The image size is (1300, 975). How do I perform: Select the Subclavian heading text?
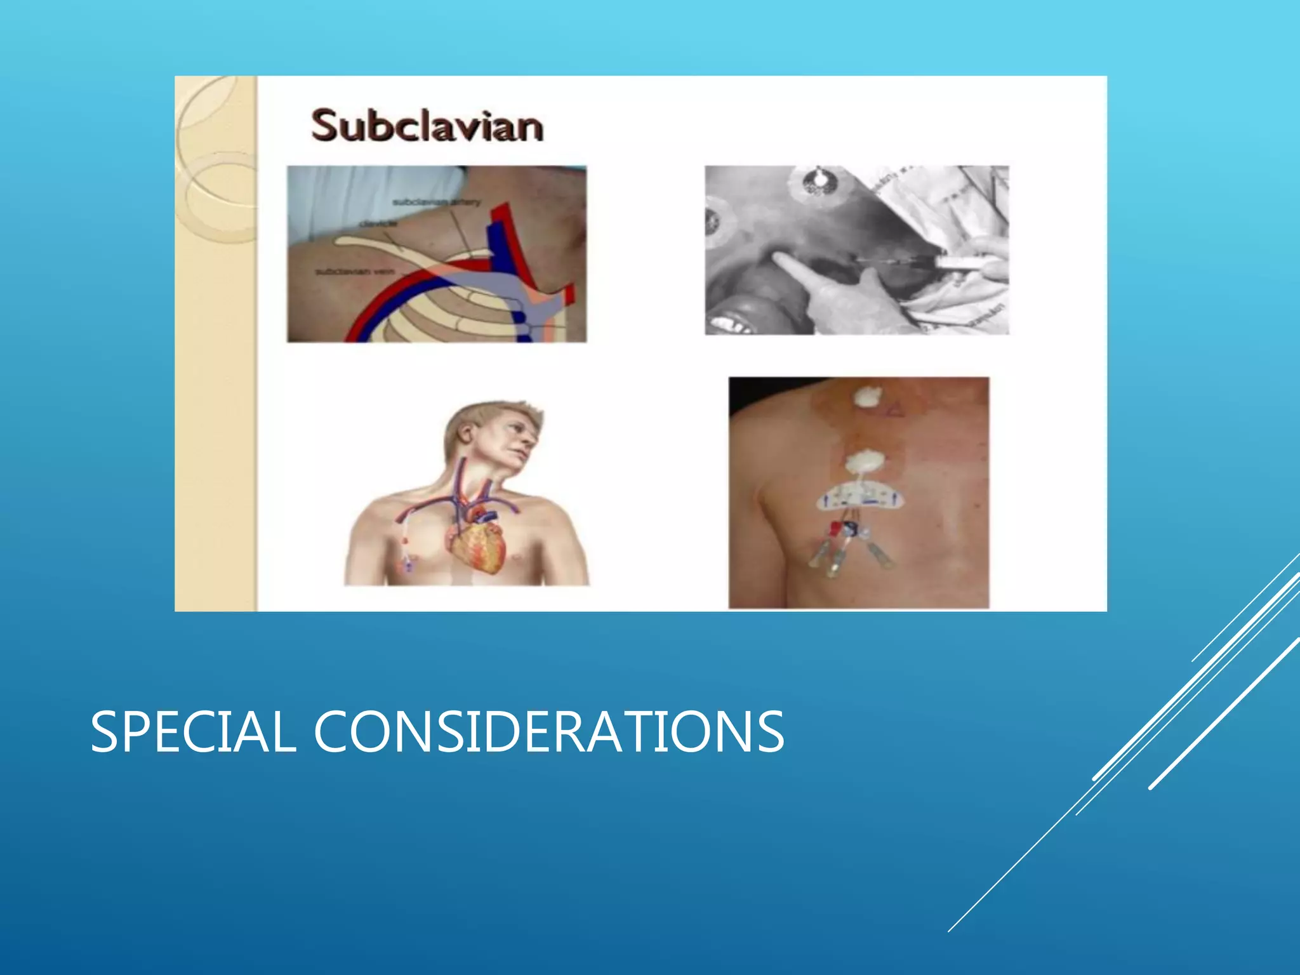coord(427,125)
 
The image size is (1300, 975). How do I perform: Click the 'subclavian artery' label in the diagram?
coord(436,202)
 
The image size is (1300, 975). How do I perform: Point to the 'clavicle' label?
coord(379,223)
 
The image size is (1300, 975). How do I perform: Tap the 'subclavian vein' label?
coord(355,272)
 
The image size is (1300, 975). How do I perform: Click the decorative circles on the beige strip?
coord(213,159)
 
